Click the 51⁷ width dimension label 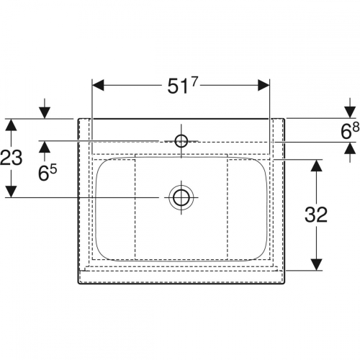coord(182,86)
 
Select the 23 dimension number coord(11,158)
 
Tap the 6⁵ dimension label coord(48,172)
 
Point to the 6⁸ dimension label coord(350,131)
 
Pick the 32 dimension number coord(316,215)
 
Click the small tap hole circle coord(181,141)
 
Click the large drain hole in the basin coord(181,197)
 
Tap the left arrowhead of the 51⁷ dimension coord(98,85)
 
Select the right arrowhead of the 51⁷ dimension coord(264,85)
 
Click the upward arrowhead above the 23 coord(11,125)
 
